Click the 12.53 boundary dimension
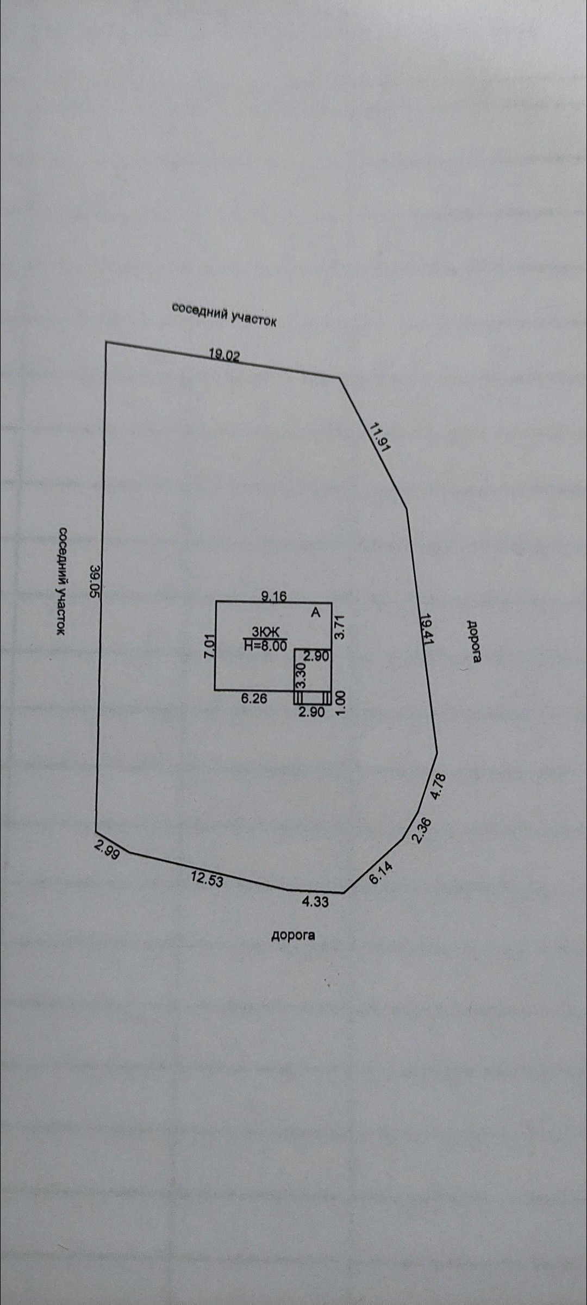207,878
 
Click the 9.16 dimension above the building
274,596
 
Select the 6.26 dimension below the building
254,699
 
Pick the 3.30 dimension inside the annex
300,678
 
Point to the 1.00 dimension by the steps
341,702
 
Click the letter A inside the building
315,612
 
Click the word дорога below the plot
293,935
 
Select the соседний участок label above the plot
224,314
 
